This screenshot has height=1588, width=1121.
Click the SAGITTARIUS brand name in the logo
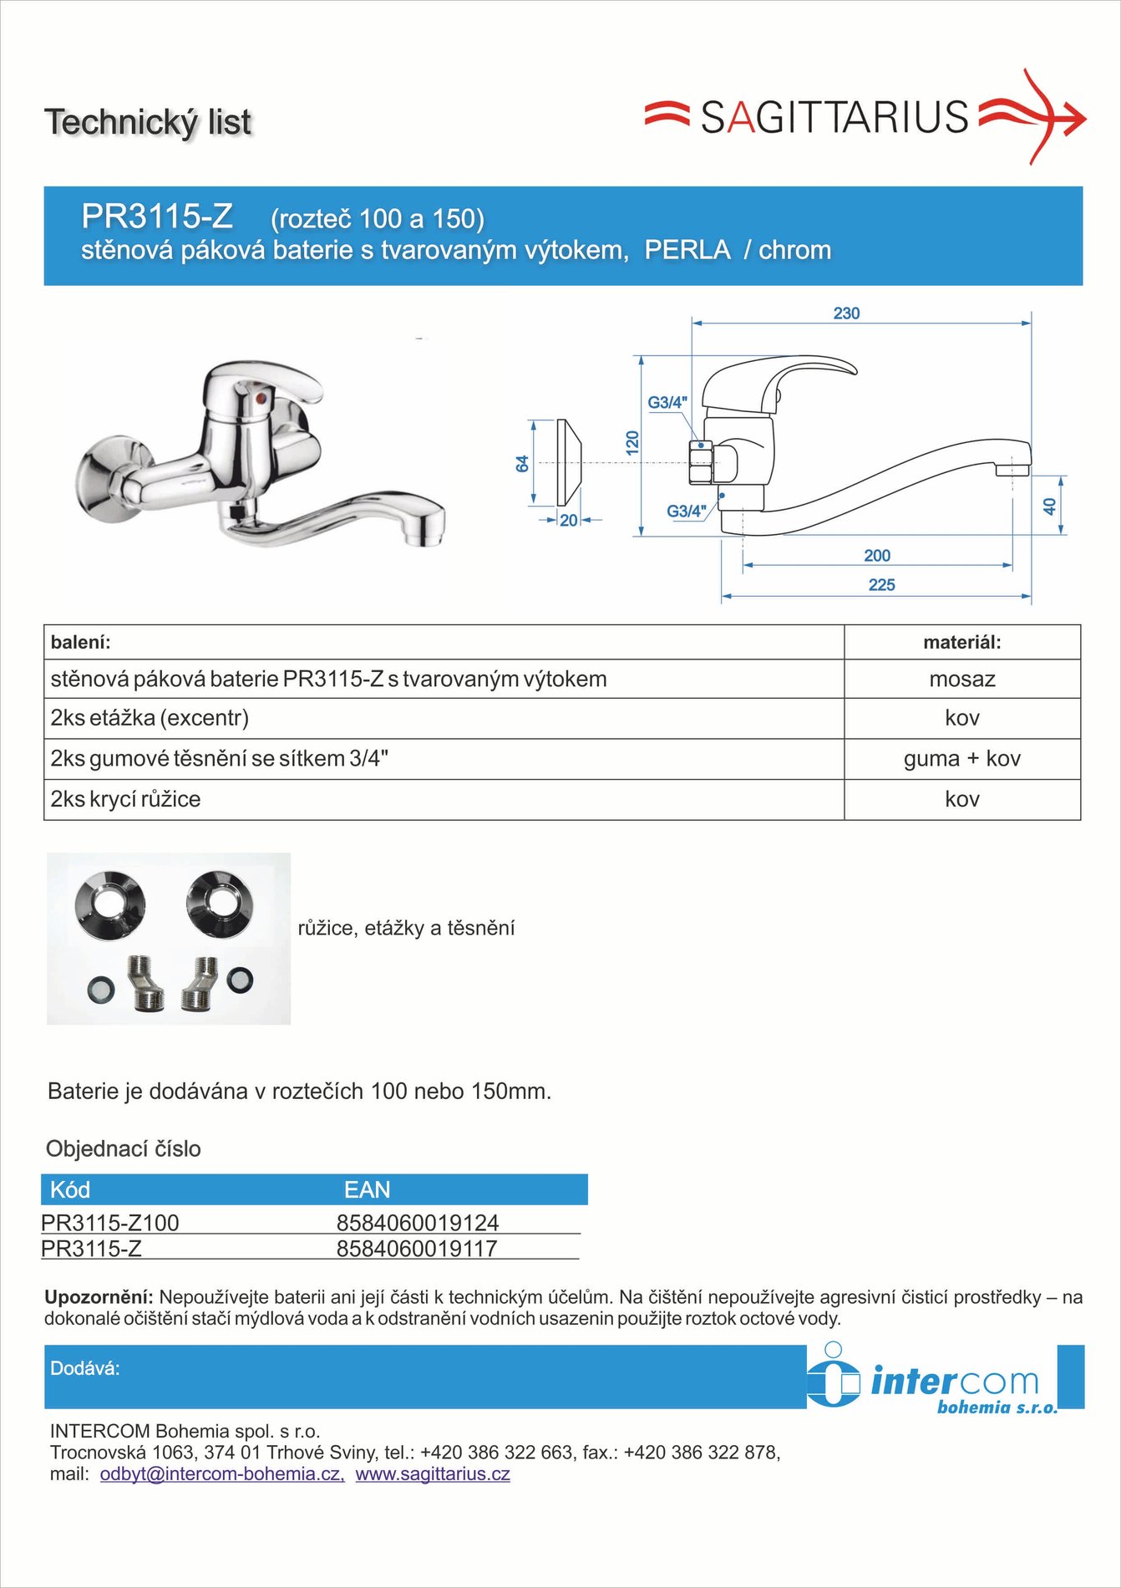[834, 117]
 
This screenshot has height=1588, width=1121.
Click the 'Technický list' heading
[148, 122]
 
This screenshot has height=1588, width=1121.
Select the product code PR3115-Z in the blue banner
[157, 216]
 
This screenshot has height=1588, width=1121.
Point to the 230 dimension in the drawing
[846, 313]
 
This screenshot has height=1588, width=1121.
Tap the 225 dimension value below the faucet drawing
[881, 585]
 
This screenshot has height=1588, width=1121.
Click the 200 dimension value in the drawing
[877, 556]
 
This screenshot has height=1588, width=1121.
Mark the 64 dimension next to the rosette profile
[523, 464]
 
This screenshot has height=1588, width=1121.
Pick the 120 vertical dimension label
[632, 443]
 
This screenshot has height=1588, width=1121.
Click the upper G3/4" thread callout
[667, 402]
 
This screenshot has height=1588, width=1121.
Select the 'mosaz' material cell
[961, 679]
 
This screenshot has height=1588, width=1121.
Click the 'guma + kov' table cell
[961, 759]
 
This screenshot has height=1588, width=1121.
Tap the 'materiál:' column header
[961, 643]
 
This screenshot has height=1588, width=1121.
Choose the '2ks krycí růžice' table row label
[125, 799]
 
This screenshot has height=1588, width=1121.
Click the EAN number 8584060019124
[417, 1223]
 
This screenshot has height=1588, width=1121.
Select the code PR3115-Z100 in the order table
[110, 1223]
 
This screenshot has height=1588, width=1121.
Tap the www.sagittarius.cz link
[433, 1473]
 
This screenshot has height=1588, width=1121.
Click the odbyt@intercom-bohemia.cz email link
[221, 1473]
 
